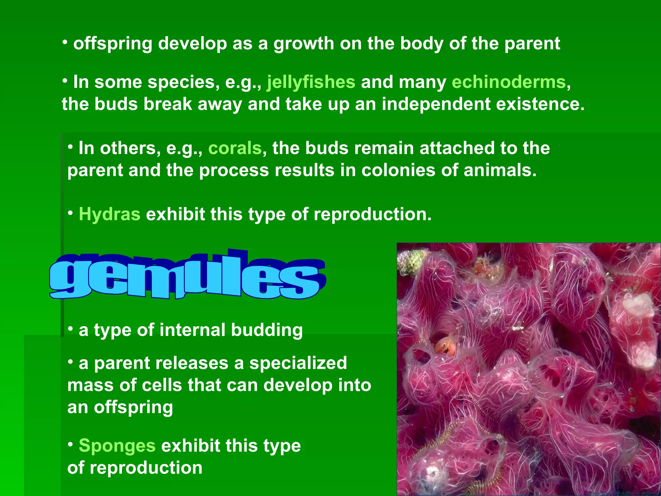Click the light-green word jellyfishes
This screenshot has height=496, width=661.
pyautogui.click(x=311, y=82)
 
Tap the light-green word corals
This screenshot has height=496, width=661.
pyautogui.click(x=235, y=148)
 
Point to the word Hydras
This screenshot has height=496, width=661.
pyautogui.click(x=109, y=214)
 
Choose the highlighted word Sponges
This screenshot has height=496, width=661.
pyautogui.click(x=117, y=446)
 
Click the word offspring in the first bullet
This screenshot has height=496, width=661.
pyautogui.click(x=113, y=44)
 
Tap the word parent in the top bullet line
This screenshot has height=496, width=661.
pyautogui.click(x=532, y=44)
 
